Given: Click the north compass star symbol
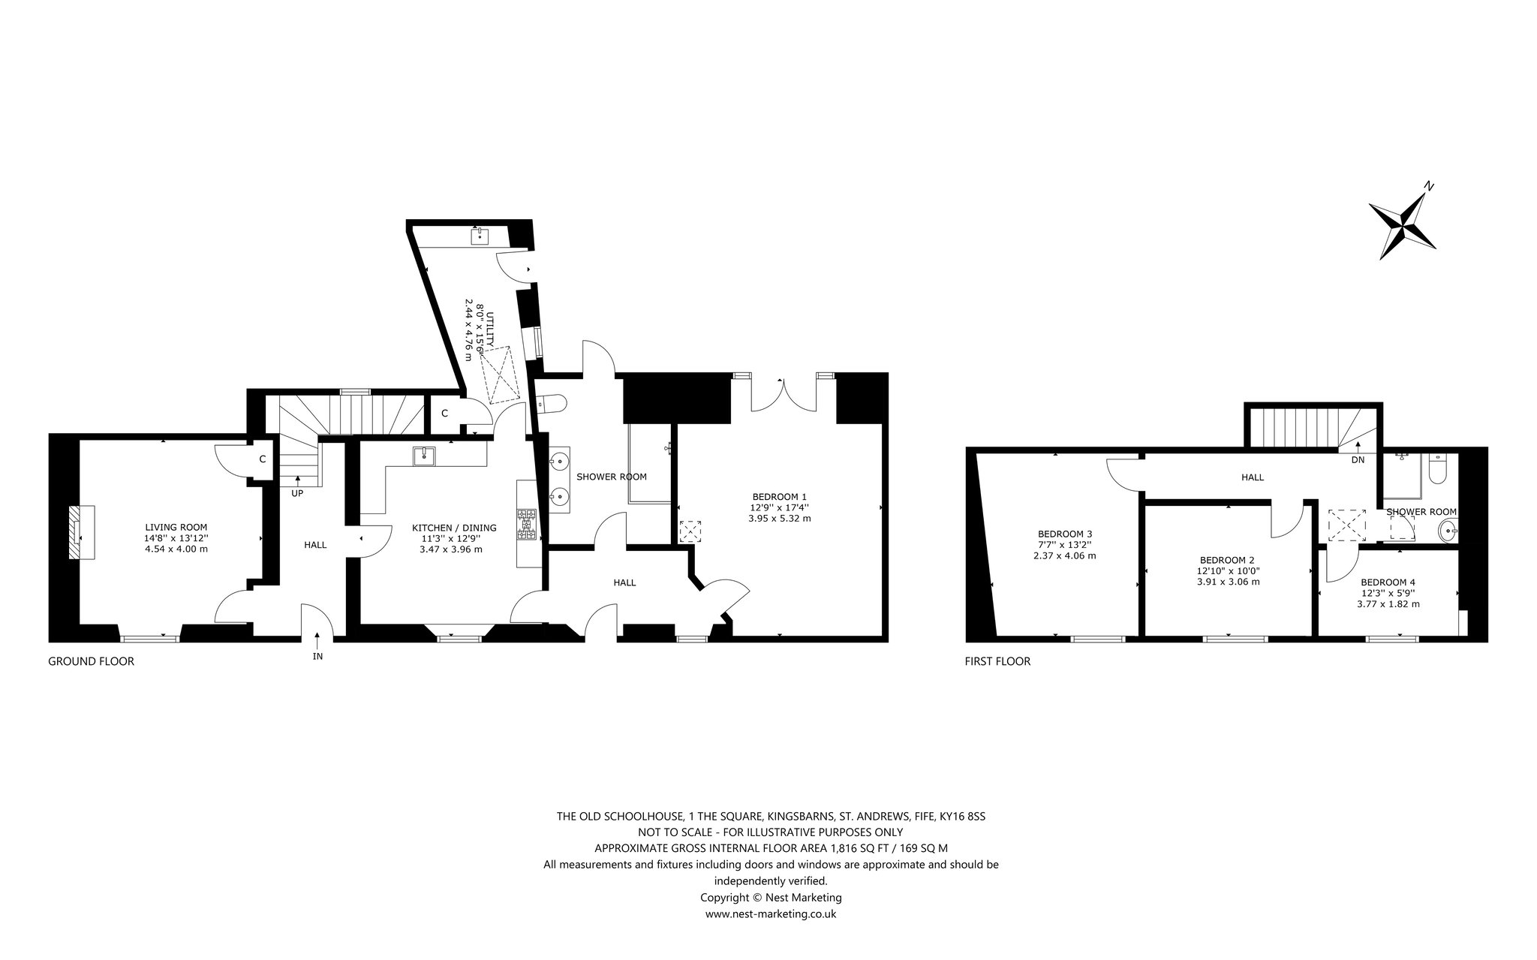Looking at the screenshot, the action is click(1402, 226).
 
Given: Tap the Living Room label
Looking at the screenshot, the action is click(176, 527).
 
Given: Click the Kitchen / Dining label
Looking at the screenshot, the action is click(444, 528).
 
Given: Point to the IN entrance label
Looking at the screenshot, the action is click(317, 657).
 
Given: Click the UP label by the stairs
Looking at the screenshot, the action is click(298, 493).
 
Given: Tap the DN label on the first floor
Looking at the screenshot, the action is click(1358, 460).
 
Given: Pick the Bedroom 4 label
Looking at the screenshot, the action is click(1388, 582).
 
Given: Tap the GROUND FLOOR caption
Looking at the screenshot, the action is click(91, 661).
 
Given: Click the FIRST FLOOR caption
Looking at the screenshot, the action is click(997, 661).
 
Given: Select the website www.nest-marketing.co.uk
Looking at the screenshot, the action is click(771, 913).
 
